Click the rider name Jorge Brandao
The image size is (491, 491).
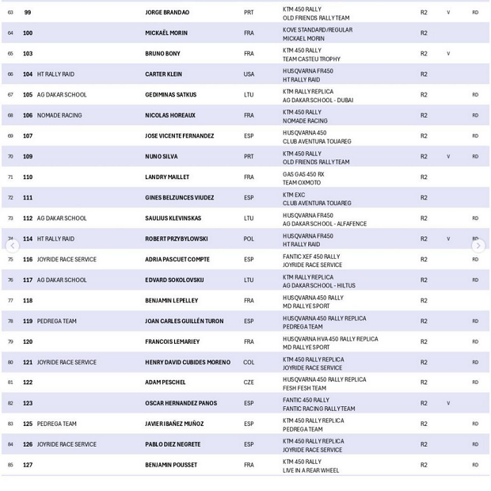(167, 13)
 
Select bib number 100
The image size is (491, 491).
(28, 33)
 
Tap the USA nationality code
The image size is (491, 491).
(249, 74)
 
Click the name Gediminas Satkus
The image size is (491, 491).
(170, 95)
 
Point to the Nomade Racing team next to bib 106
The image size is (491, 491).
(59, 116)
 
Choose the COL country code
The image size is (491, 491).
(249, 363)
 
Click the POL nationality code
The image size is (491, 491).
(249, 239)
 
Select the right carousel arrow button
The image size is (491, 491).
(478, 246)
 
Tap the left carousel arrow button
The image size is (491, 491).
(12, 246)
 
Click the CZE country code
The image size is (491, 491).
(249, 383)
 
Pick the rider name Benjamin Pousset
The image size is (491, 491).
(171, 465)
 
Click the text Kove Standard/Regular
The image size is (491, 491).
(318, 29)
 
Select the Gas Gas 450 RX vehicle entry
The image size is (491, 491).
(303, 173)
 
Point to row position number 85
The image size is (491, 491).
(10, 465)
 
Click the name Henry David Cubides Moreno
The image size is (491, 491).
(188, 363)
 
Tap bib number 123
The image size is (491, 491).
(28, 403)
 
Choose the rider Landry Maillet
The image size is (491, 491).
(167, 177)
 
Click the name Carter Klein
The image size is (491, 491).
(163, 74)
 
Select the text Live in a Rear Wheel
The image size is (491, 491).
(310, 470)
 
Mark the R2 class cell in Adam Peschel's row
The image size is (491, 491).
(424, 383)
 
